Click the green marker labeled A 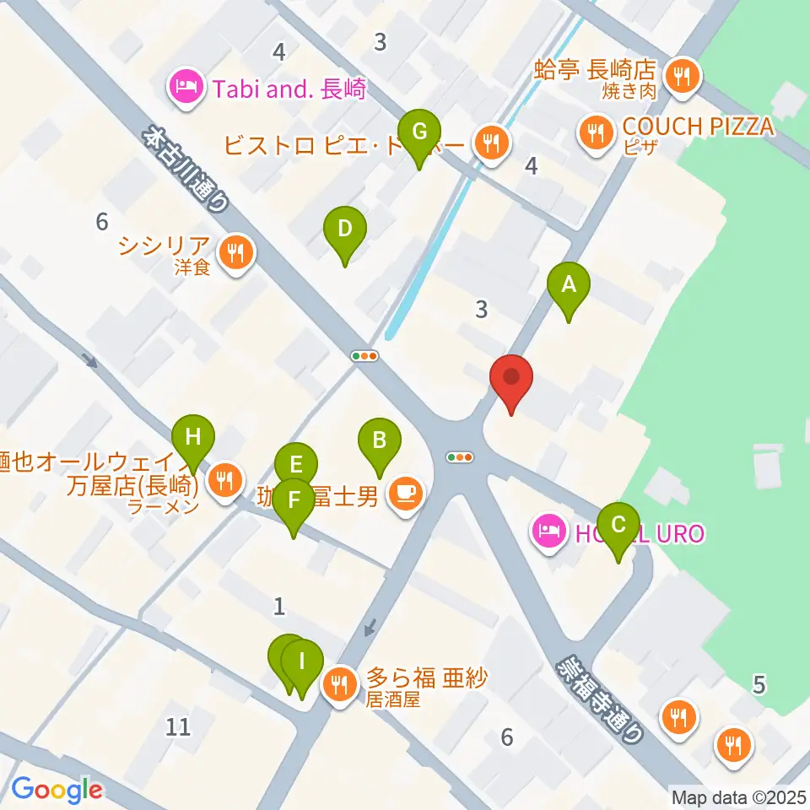coord(569,285)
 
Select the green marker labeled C coord(618,526)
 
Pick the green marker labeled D coord(344,229)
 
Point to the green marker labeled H coord(193,438)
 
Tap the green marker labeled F coord(293,500)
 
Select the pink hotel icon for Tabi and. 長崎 coord(185,87)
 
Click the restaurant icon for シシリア coord(235,252)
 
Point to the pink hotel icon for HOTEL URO coord(548,532)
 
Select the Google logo coord(57,790)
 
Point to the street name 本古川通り coord(186,169)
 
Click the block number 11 coord(179,725)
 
